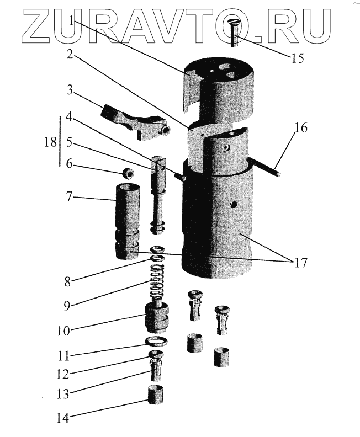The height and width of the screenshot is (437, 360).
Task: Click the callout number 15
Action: coord(297,58)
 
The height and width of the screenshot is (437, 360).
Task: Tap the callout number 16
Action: coord(301,129)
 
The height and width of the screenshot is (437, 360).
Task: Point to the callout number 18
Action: coord(50,142)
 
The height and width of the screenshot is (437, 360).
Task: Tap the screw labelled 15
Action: coord(234,31)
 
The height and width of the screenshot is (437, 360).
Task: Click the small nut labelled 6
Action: coord(128,173)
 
